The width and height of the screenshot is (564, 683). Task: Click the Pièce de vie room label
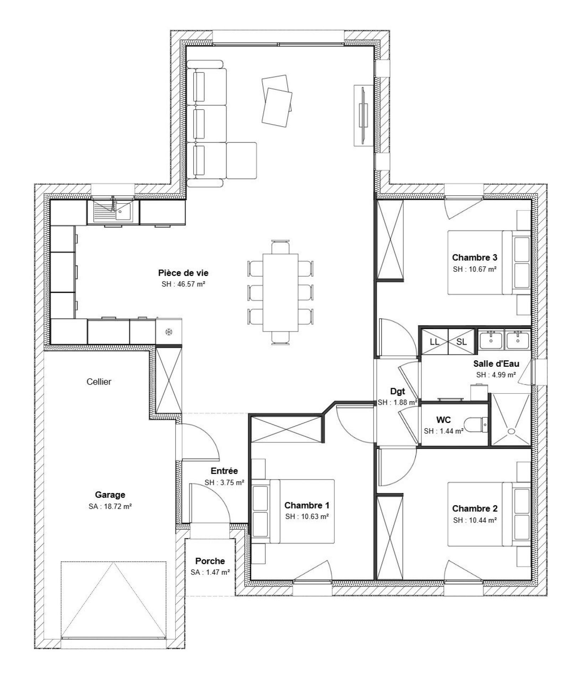coord(183,273)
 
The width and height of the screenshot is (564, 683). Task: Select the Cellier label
coord(99,382)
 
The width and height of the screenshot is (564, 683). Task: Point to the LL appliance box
coord(434,342)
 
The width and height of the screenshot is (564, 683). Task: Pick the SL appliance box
coord(461,342)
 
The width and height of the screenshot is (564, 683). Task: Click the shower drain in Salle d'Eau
coord(511,431)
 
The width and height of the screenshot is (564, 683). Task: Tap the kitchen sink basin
coord(123,212)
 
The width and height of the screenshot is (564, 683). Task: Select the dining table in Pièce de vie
coord(280,292)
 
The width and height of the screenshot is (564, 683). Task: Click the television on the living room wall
coord(364,115)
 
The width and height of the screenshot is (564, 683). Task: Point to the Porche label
coord(210,561)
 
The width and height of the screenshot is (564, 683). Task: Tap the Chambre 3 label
coord(475,257)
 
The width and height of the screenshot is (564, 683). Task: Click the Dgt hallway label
coord(398,391)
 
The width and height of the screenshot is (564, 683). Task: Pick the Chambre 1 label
coord(307,505)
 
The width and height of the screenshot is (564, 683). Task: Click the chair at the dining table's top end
coord(281,247)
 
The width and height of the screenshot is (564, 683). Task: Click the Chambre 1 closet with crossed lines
coord(287,429)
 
